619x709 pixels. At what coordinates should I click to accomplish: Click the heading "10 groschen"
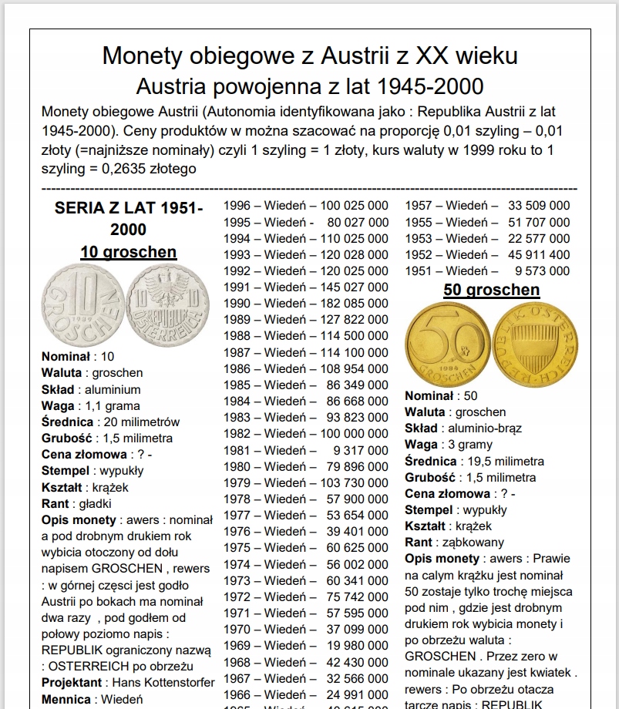128,252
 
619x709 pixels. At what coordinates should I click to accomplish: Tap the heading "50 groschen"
491,290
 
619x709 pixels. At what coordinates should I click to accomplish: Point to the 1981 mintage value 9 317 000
356,450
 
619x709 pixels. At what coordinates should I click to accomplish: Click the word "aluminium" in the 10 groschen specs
113,389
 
